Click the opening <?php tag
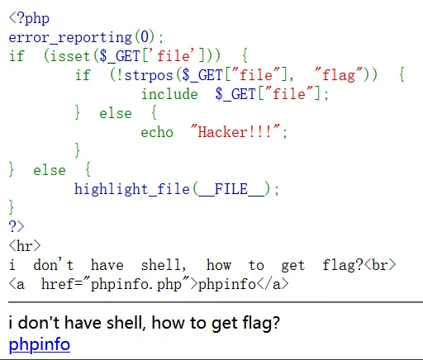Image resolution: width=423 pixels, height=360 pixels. (x=29, y=18)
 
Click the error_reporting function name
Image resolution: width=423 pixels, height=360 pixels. (x=70, y=37)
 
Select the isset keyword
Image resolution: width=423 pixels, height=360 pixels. (x=70, y=56)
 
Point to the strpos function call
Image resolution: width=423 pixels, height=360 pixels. (x=149, y=75)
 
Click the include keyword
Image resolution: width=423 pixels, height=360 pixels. (x=169, y=94)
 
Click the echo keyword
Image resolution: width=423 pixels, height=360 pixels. (x=157, y=132)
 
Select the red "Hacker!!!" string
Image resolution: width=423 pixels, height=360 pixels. (x=235, y=131)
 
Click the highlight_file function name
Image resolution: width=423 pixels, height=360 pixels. (x=132, y=189)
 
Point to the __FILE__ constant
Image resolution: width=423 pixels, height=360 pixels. (x=231, y=189)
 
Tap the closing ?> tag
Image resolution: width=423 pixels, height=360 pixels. (x=17, y=227)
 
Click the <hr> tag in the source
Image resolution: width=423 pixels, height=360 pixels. (x=25, y=245)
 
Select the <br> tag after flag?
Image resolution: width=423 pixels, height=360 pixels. (x=380, y=265)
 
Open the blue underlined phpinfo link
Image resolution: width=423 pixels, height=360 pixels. (x=40, y=344)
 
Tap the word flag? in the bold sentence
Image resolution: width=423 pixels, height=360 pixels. (x=261, y=323)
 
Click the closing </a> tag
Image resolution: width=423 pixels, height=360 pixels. (x=273, y=284)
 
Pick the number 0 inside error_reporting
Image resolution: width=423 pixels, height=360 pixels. (x=145, y=37)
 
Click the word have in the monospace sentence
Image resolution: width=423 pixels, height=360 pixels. (x=107, y=265)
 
